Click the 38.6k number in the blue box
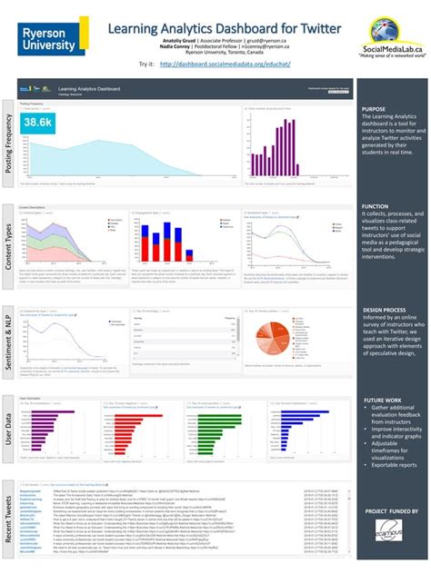[38, 122]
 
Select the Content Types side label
[8, 242]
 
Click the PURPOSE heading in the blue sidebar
[374, 108]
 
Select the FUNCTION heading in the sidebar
[375, 206]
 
